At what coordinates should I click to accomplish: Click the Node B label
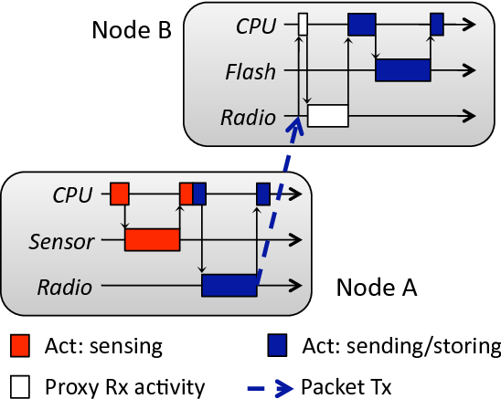(132, 30)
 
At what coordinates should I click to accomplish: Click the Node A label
(377, 287)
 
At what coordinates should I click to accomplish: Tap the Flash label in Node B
(250, 71)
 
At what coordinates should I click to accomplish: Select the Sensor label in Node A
(61, 241)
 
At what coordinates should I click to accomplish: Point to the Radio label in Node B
(249, 117)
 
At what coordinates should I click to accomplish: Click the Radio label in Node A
(65, 287)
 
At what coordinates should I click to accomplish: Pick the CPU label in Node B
(256, 26)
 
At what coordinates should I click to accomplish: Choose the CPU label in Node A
(73, 194)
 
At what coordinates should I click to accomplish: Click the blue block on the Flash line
(403, 70)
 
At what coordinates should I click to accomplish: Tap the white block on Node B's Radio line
(328, 116)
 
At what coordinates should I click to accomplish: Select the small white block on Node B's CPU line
(304, 24)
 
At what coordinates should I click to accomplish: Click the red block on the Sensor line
(153, 240)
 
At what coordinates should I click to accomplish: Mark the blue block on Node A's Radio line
(229, 286)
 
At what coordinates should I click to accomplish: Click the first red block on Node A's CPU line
(120, 194)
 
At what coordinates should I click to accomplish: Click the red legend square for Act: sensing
(20, 345)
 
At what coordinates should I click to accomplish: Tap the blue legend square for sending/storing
(277, 345)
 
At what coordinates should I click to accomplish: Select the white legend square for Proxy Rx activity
(20, 386)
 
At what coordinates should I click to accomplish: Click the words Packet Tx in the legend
(346, 387)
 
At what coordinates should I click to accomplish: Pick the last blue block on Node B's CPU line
(437, 24)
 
